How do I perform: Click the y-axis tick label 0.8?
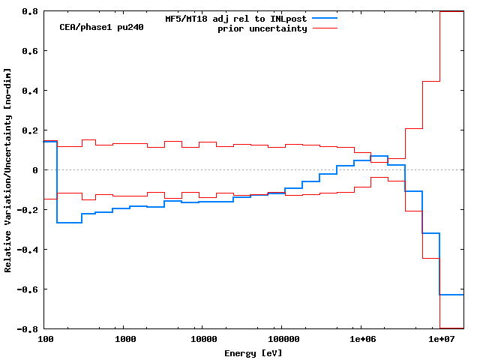coord(31,12)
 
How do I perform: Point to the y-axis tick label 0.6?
coord(31,51)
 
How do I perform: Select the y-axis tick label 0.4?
coord(31,91)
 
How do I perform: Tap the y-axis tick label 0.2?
coord(31,130)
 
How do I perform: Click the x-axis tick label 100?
coord(45,340)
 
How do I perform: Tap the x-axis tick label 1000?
coord(125,340)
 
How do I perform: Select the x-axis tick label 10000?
coord(201,340)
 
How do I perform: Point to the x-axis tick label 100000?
coord(280,340)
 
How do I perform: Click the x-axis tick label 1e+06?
coord(361,340)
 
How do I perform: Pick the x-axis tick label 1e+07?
coord(441,340)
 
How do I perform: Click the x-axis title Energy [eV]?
coord(253,352)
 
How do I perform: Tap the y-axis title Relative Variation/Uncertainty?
coord(8,170)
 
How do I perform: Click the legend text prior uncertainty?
coord(262,28)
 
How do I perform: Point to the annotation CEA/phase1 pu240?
coord(102,27)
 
